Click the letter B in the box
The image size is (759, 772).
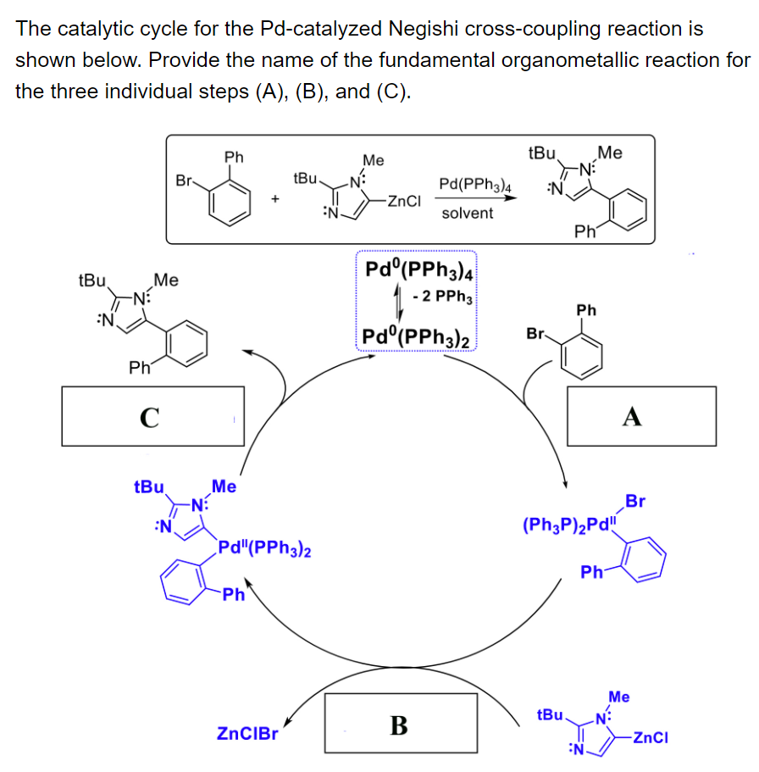pyautogui.click(x=398, y=725)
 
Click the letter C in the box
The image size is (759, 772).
pyautogui.click(x=150, y=417)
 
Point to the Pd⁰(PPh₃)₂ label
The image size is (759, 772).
pyautogui.click(x=416, y=337)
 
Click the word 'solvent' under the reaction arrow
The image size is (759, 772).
pyautogui.click(x=467, y=213)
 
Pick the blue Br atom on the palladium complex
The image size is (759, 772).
pyautogui.click(x=634, y=502)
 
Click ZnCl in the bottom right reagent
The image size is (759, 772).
pyautogui.click(x=650, y=736)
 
